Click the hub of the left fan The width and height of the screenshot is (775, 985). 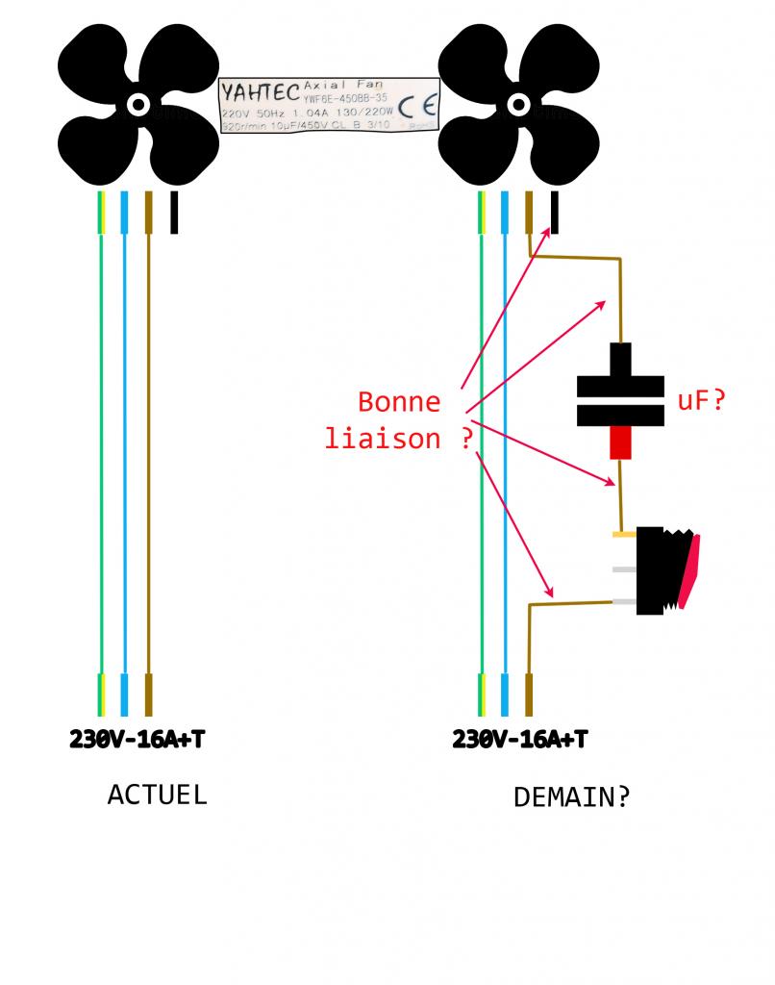tap(138, 104)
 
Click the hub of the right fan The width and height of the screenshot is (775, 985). tap(520, 104)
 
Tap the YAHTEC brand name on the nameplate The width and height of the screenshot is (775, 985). tap(261, 93)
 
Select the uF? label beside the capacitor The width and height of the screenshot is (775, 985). tap(701, 400)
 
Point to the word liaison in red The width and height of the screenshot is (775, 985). tap(383, 439)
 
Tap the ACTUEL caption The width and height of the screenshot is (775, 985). tap(157, 796)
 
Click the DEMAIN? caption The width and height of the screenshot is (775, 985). tap(571, 797)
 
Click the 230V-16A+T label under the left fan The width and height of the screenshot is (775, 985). tap(137, 740)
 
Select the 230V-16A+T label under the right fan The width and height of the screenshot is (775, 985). tap(520, 740)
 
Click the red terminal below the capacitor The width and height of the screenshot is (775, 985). tap(620, 442)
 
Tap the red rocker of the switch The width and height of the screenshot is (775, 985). tap(690, 571)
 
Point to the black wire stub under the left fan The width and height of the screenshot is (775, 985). tap(174, 213)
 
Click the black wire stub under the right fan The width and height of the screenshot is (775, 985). tap(555, 213)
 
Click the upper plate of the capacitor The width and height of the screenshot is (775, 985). tap(620, 386)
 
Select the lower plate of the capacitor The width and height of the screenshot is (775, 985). tap(620, 415)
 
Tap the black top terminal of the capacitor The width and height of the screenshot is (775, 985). tap(620, 360)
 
